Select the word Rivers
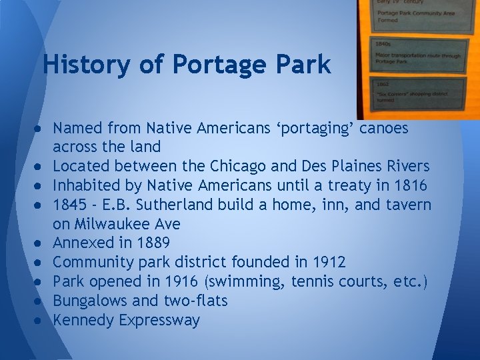(405, 165)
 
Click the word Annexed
(83, 243)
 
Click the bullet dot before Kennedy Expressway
(41, 321)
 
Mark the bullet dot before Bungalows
(41, 301)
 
